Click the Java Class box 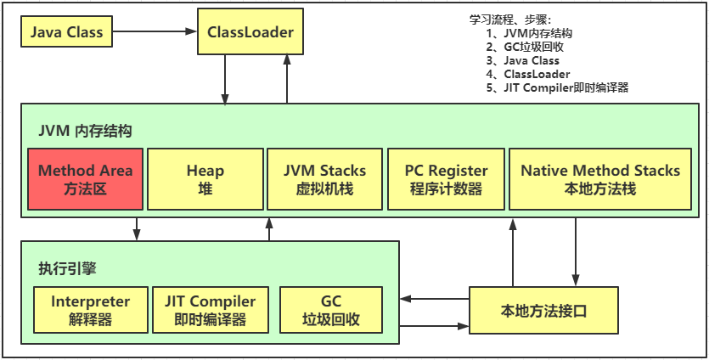click(66, 33)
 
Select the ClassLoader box click(250, 33)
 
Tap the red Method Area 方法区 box click(85, 179)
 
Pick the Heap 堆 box click(205, 179)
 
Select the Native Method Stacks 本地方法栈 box click(599, 179)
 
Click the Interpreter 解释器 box click(90, 311)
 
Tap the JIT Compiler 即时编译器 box click(210, 311)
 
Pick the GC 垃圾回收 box click(330, 311)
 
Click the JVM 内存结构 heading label click(85, 131)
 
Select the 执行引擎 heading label click(67, 268)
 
